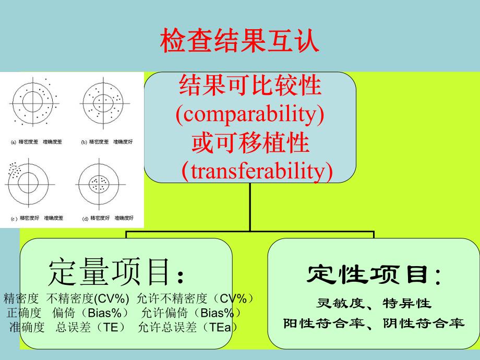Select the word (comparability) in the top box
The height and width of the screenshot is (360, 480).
click(x=250, y=115)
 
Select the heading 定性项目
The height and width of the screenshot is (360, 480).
click(x=374, y=274)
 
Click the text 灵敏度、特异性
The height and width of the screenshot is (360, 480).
click(x=374, y=303)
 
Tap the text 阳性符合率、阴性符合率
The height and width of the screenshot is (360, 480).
click(x=374, y=323)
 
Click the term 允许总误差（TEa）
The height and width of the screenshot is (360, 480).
click(x=188, y=328)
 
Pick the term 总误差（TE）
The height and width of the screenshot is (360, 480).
click(x=91, y=328)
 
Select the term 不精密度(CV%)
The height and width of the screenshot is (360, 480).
click(x=88, y=298)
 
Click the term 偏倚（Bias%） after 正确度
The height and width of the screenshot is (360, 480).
click(x=91, y=313)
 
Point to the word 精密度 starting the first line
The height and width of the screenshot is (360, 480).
click(x=21, y=298)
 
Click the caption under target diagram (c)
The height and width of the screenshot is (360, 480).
click(x=37, y=218)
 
